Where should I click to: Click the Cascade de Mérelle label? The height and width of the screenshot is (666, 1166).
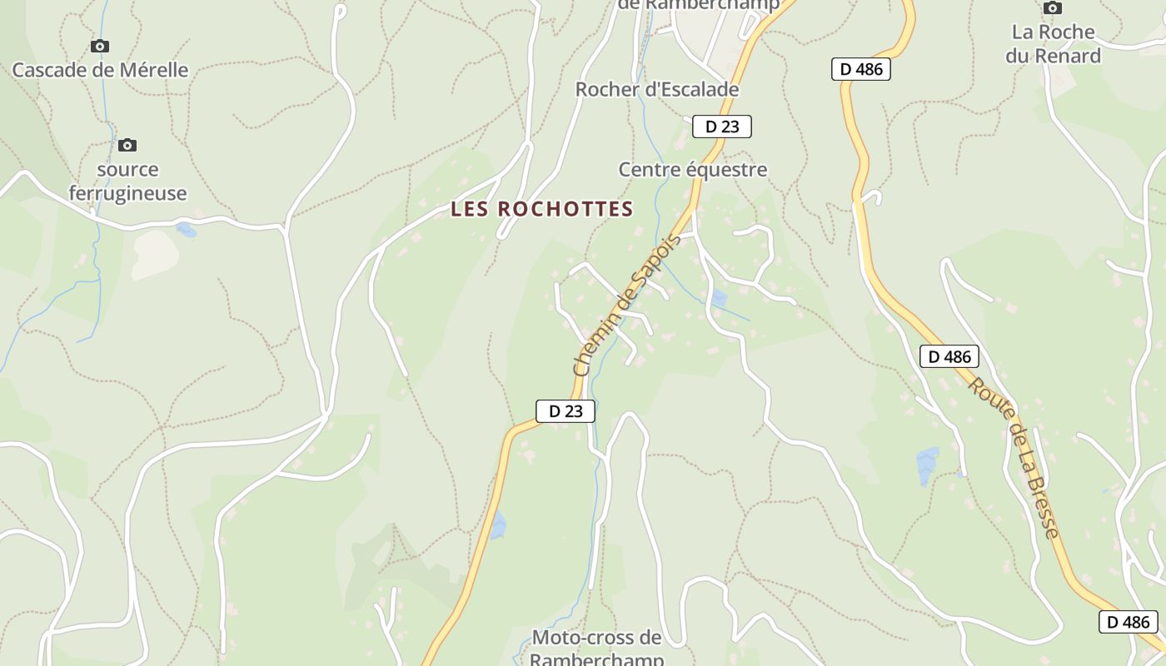point(100,70)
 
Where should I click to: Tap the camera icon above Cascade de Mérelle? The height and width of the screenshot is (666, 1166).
point(100,46)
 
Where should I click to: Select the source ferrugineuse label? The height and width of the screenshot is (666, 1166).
point(127,181)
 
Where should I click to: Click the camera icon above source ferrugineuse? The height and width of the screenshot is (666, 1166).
point(127,146)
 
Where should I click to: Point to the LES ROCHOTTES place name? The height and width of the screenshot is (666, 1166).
point(542,210)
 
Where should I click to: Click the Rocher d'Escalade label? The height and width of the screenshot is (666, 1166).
point(657,89)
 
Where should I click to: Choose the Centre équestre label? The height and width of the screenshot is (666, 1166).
point(692,170)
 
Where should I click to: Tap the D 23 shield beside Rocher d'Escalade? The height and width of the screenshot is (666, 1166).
point(722,127)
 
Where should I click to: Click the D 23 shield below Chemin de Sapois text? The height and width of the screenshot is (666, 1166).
point(565,410)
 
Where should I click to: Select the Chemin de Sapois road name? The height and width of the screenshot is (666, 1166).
point(626,305)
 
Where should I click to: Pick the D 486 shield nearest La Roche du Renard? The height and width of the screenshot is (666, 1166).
point(860,69)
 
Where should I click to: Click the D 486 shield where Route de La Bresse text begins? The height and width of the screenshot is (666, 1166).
point(949,357)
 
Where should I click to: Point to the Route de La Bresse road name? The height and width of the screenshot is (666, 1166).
point(1015,458)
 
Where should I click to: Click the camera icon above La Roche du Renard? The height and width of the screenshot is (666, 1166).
point(1053,8)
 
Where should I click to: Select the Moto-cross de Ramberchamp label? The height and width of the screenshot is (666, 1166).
point(596,649)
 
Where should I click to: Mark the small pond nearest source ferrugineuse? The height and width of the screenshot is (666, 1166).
point(187,230)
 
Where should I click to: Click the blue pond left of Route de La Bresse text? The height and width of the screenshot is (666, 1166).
point(927,465)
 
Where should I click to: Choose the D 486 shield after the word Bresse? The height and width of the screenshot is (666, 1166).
point(1128,621)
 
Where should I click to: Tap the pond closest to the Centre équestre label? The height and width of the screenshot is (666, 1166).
point(718,298)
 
